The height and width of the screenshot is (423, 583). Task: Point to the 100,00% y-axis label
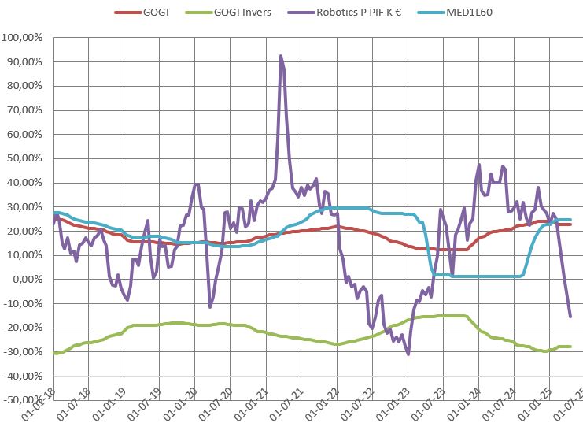(24, 38)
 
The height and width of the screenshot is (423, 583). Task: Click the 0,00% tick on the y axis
(29, 280)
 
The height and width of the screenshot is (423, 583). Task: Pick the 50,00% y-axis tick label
(26, 159)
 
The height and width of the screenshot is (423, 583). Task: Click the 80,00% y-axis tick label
(26, 87)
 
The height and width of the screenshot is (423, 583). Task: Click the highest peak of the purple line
(281, 56)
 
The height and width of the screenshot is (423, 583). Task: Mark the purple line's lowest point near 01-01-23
(408, 354)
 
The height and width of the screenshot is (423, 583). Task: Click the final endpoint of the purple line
(570, 317)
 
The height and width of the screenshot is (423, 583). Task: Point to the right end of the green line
(570, 347)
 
